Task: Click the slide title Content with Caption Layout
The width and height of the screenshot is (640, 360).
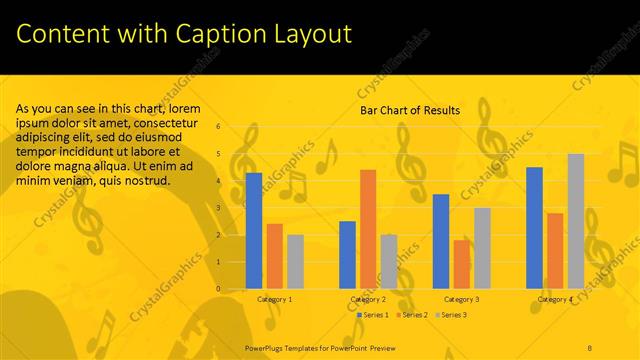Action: click(x=184, y=34)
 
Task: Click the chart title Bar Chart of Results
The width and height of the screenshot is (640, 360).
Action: click(x=410, y=111)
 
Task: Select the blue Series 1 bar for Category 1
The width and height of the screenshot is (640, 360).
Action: click(x=254, y=231)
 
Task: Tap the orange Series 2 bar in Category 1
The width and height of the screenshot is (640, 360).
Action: click(x=274, y=256)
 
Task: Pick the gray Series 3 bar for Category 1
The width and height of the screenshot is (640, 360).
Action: click(x=295, y=262)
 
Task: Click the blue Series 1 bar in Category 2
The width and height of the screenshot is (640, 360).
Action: click(x=347, y=255)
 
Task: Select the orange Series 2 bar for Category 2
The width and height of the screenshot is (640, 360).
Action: click(x=368, y=229)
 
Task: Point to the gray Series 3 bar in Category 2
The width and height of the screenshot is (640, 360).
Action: click(x=388, y=262)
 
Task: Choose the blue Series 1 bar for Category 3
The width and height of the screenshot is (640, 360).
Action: click(x=441, y=241)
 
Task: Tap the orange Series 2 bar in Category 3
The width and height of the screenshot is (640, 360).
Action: click(x=461, y=264)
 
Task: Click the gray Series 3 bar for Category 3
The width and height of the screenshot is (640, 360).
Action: click(x=482, y=248)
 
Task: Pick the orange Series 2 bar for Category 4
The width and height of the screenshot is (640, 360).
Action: click(x=555, y=251)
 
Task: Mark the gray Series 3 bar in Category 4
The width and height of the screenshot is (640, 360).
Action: click(x=576, y=221)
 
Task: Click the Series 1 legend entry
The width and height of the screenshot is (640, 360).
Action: click(x=374, y=315)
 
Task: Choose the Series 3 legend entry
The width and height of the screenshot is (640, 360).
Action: click(x=450, y=315)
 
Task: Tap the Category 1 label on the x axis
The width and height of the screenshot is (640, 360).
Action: click(x=275, y=299)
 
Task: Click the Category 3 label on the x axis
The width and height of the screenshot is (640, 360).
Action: click(x=461, y=299)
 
